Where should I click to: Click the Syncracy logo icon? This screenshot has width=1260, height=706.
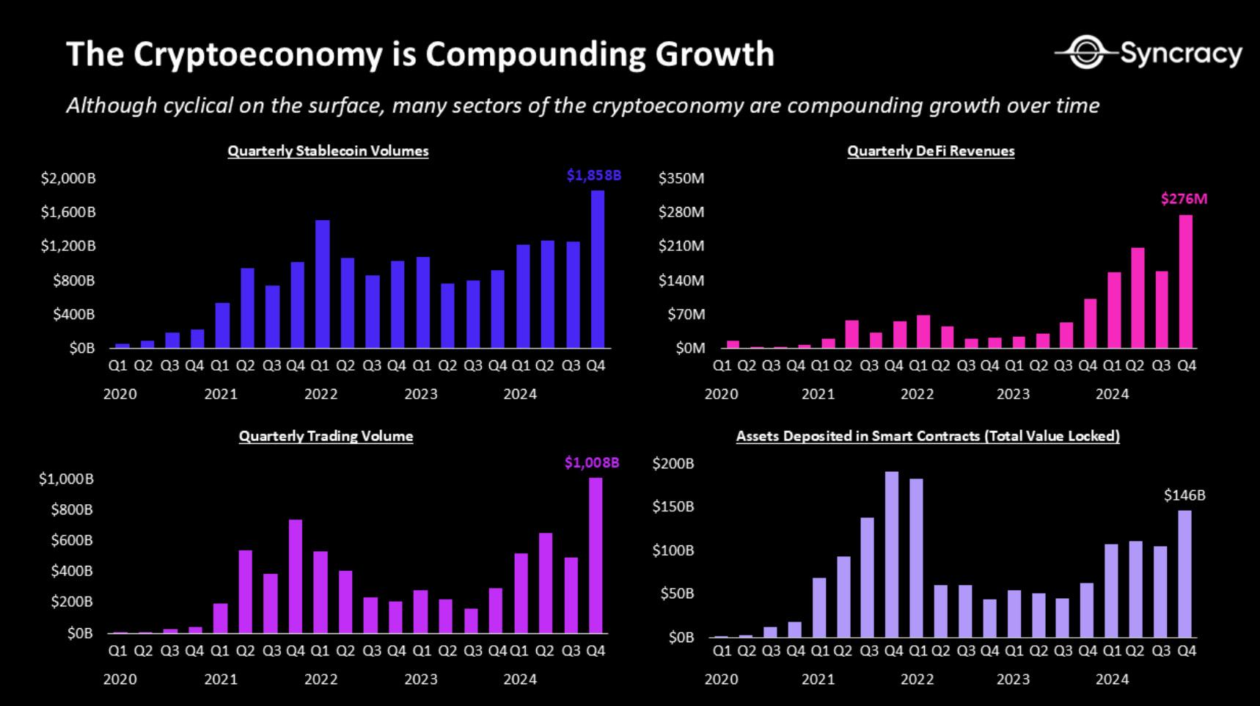(x=1086, y=53)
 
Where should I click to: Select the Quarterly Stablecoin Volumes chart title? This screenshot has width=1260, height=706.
(x=328, y=151)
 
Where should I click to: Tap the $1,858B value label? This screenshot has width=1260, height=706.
(x=593, y=175)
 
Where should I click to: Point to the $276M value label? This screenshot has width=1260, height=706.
(x=1184, y=199)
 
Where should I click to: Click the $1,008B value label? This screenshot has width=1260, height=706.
(x=592, y=462)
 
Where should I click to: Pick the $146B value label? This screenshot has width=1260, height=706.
(x=1184, y=495)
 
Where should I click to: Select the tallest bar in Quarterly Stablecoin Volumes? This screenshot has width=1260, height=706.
(x=598, y=269)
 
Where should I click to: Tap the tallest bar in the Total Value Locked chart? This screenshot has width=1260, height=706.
(x=892, y=554)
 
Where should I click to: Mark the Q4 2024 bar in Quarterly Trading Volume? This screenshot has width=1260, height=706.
(x=596, y=555)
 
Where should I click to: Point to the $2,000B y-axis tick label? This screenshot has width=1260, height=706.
(x=68, y=178)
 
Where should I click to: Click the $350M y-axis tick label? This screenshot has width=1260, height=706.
(x=681, y=178)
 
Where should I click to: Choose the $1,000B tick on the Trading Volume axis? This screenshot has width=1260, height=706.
(x=66, y=479)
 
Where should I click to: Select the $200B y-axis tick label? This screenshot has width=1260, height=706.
(x=673, y=464)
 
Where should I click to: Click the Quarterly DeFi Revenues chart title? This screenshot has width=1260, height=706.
(x=931, y=151)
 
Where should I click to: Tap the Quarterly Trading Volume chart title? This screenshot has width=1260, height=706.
(x=326, y=437)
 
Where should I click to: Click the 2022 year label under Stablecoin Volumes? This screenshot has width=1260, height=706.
(x=321, y=394)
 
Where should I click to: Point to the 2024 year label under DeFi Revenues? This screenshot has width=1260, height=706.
(x=1112, y=394)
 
